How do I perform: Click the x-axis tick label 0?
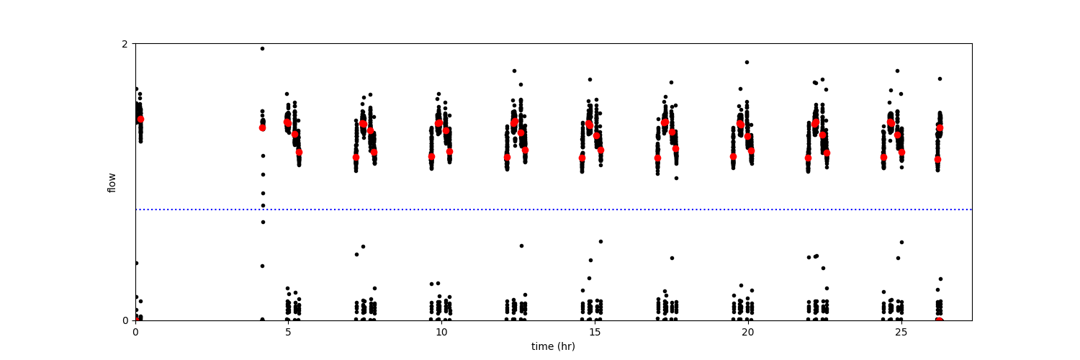(x=135, y=332)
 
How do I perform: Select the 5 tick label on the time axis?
(x=288, y=332)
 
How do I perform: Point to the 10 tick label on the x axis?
(x=441, y=332)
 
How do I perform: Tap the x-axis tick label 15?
(x=595, y=332)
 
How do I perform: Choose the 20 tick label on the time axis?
(x=748, y=332)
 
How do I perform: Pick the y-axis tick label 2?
(x=125, y=44)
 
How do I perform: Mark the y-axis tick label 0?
(x=125, y=320)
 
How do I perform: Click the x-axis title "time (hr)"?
(x=553, y=346)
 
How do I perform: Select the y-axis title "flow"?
(x=112, y=182)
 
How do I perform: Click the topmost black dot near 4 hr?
(x=262, y=48)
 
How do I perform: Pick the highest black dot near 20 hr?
(x=747, y=62)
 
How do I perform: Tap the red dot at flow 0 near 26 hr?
(x=939, y=320)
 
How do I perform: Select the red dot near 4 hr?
(x=262, y=127)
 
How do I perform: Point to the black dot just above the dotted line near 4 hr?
(x=263, y=205)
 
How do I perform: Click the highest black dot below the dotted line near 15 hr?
(x=600, y=241)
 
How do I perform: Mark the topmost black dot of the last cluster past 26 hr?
(x=940, y=78)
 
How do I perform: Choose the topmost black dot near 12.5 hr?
(x=514, y=71)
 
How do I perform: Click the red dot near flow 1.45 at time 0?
(x=140, y=119)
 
